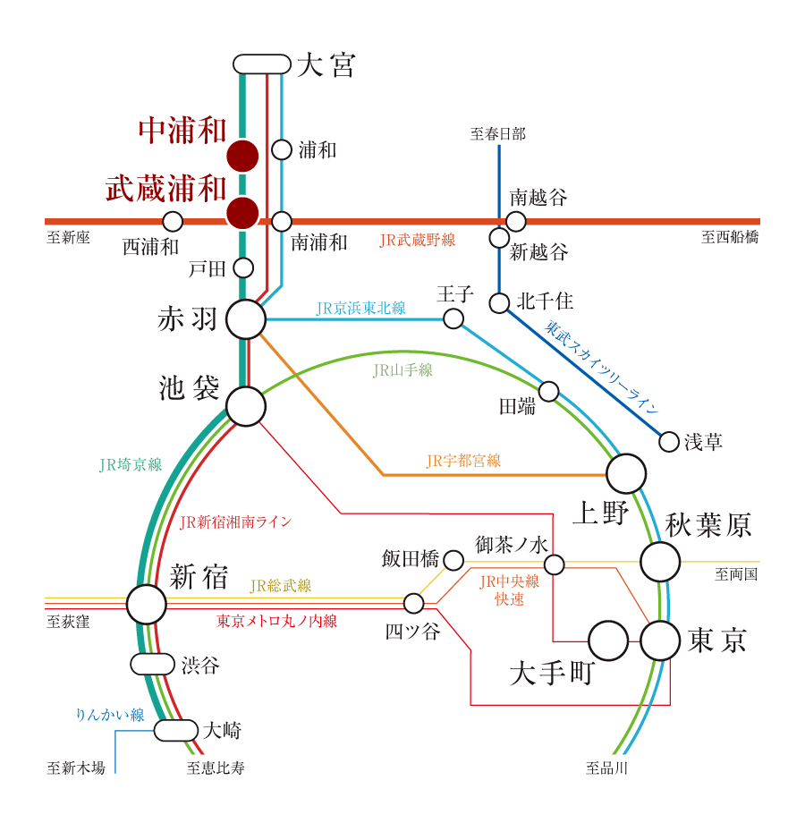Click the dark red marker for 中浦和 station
(242, 156)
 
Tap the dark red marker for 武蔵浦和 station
(242, 213)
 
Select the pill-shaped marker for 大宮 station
(262, 64)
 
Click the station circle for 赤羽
(246, 319)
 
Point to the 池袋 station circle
(246, 406)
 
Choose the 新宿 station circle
(146, 604)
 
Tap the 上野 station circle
(626, 473)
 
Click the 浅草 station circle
(668, 441)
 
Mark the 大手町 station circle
(608, 641)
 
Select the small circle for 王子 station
(453, 318)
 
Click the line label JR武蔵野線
(418, 240)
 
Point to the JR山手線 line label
(402, 369)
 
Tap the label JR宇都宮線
(463, 461)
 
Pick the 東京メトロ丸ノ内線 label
(276, 620)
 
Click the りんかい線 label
(110, 715)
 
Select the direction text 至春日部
(498, 135)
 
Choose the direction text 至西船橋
(730, 237)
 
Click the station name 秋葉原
(708, 525)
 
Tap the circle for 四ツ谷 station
(413, 603)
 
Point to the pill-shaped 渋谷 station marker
(152, 664)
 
